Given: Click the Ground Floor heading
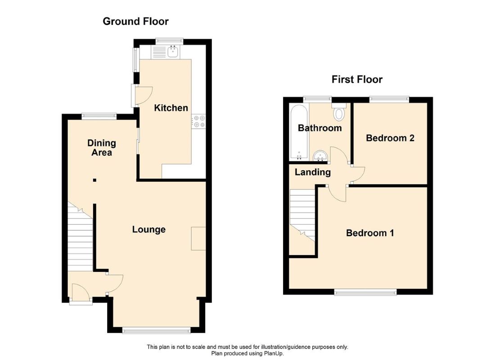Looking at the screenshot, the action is point(135,22).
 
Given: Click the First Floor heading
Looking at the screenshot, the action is point(357,79).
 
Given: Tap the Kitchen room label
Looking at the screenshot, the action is point(171,108).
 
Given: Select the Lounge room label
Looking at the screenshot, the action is point(148,229).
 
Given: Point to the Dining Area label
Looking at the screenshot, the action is point(102,148).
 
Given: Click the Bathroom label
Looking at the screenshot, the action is point(320,128).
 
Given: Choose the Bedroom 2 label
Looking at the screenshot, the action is point(390,138).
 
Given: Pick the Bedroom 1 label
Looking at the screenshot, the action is point(369,233).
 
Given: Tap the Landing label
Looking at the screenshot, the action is point(313,172).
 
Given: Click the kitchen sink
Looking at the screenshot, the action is point(173,51).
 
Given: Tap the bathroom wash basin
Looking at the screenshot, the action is point(321,155).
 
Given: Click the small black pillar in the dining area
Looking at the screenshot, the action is point(94,180).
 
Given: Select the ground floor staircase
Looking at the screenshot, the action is point(80,237).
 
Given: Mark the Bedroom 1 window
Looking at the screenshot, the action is point(365,292).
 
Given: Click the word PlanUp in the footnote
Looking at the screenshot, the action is point(274,353).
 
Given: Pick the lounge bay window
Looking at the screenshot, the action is point(156,330).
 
